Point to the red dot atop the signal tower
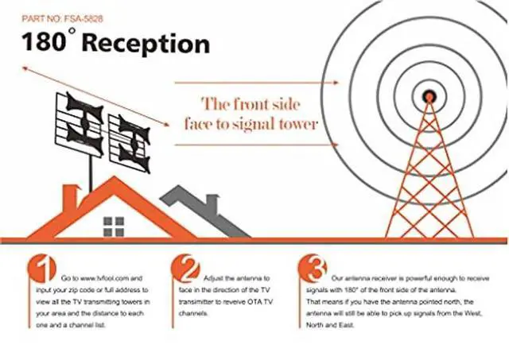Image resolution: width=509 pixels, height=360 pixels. click(429, 96)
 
